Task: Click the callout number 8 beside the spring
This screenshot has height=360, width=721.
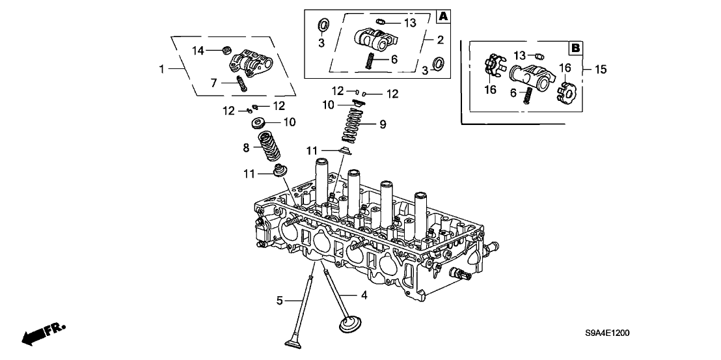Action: point(247,148)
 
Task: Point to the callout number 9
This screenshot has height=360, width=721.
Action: point(383,124)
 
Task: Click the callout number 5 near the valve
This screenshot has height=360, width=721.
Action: point(279,300)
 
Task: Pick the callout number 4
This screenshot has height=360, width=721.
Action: point(364,296)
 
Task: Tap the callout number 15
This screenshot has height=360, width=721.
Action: point(600,68)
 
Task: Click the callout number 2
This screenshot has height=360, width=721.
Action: point(440,40)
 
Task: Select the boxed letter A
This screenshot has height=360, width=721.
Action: point(442,16)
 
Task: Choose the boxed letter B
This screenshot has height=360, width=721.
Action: point(575,48)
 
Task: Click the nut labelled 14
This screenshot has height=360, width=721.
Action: point(227,48)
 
